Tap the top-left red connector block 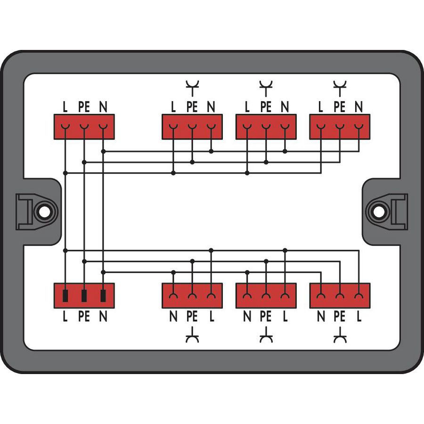pos(84,127)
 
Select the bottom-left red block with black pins pos(84,295)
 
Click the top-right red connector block pos(340,127)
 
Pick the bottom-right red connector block pos(340,295)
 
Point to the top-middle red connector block pos(266,127)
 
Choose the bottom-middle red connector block pos(266,295)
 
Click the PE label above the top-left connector pos(84,107)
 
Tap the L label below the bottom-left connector pos(65,317)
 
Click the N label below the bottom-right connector pos(321,317)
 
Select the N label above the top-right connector pos(359,107)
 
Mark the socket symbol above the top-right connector pos(340,86)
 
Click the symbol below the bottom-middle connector pos(266,337)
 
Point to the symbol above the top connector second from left pos(192,86)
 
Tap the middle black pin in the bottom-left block pos(84,296)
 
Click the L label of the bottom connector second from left pos(211,317)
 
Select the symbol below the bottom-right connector pos(340,337)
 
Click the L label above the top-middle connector pos(247,107)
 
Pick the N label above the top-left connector pos(103,107)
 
